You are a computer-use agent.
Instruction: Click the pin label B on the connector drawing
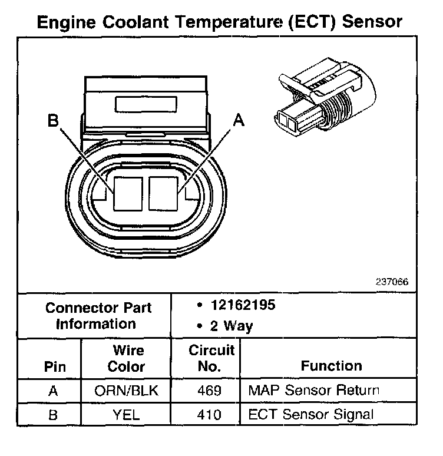tap(54, 121)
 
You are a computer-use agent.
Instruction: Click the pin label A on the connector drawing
tap(238, 120)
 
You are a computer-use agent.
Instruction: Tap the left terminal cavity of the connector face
tap(128, 193)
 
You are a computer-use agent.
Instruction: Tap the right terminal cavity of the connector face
tap(163, 193)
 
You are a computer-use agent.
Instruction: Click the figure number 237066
tap(392, 282)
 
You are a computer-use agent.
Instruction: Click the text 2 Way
tap(231, 326)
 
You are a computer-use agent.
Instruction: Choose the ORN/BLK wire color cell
tap(126, 390)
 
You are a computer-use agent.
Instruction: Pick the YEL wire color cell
tap(126, 415)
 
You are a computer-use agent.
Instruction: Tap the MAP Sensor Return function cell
tap(313, 390)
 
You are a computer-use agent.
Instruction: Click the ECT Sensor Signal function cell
tap(310, 415)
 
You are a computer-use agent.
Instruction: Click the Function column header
tap(332, 366)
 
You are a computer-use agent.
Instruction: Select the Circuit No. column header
tap(211, 358)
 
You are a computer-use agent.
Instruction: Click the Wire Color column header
tap(126, 358)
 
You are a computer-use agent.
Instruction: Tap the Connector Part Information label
tap(98, 315)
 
